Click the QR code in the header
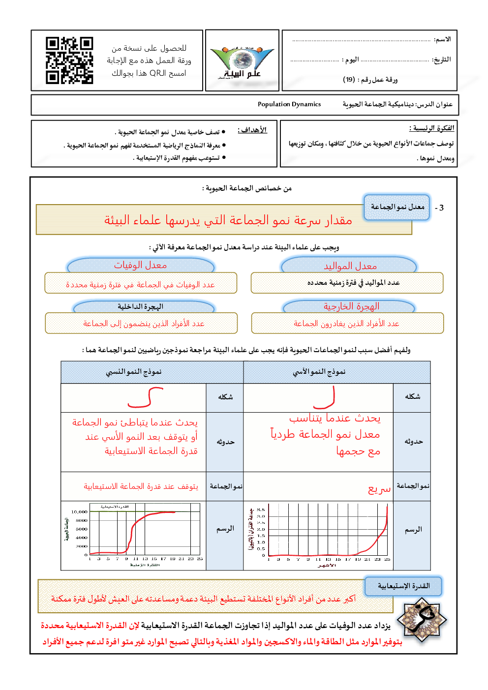pos(69,60)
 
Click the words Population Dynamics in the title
pos(289,104)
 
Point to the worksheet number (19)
pos(349,79)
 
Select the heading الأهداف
pos(252,130)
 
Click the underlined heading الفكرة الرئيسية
pos(431,128)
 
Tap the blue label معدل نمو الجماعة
pos(397,207)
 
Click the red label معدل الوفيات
pos(141,265)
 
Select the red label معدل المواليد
pos(350,266)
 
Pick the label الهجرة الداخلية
pos(141,306)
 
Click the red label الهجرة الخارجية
pos(351,306)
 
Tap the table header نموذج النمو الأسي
pos(319,372)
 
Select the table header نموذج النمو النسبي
pos(134,372)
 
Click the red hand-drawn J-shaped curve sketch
pos(325,398)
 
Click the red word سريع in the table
pos(379,489)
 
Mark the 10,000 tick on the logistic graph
pos(79,512)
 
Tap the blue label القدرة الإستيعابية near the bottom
pos(403,586)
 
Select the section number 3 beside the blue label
pos(441,208)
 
